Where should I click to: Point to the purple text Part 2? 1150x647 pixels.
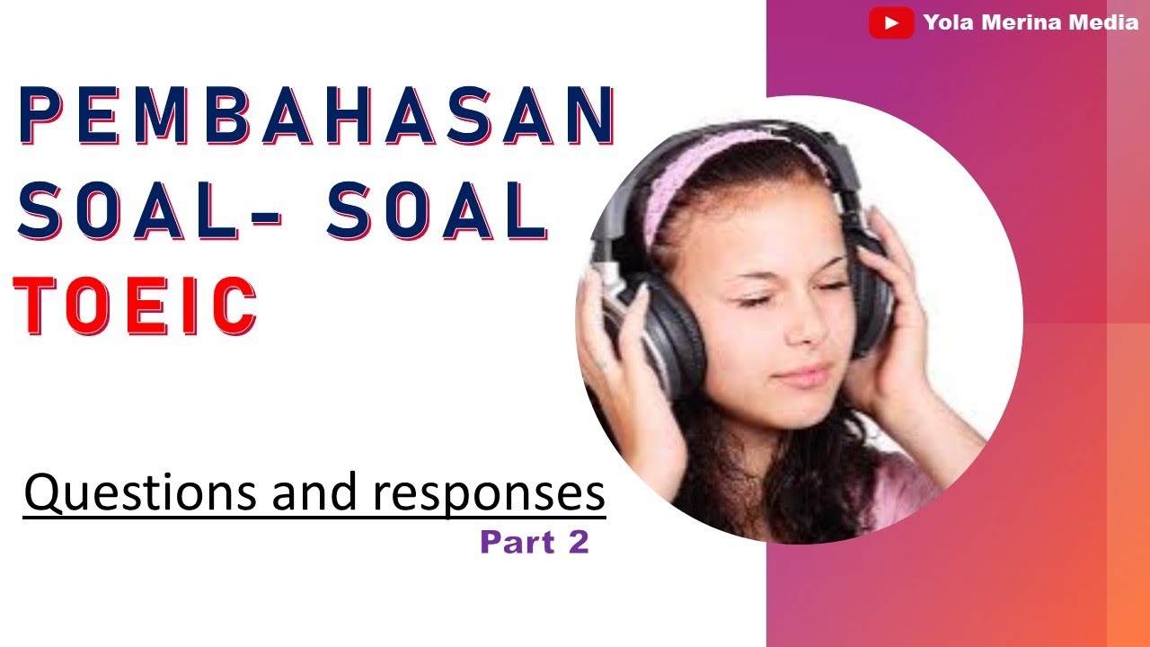(x=534, y=542)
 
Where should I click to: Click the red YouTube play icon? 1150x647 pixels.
(x=891, y=23)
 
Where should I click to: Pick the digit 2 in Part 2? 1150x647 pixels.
(x=579, y=542)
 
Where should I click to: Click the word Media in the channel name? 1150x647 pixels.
(x=1106, y=23)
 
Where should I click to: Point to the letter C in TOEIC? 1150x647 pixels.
(x=231, y=305)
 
